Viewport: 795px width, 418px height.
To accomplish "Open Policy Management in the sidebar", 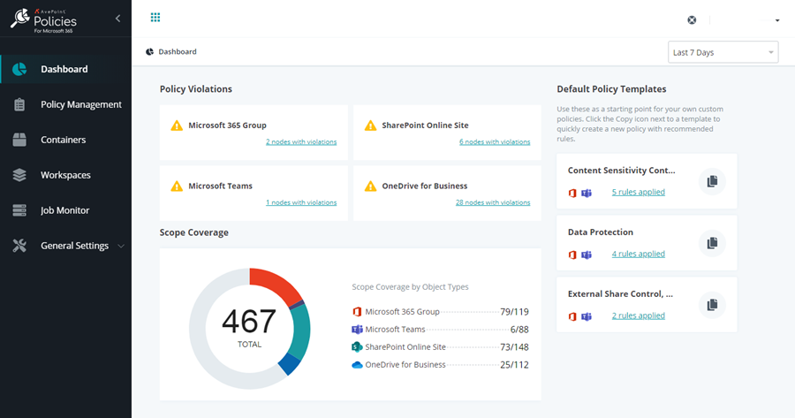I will [x=80, y=104].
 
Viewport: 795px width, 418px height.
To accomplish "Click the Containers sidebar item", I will [x=63, y=140].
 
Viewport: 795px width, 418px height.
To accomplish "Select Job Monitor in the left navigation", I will [x=64, y=210].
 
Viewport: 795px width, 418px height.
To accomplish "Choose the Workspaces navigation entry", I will [x=65, y=175].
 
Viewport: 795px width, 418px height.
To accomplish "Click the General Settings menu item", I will [x=74, y=246].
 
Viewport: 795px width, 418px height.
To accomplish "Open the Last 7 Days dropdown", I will [x=723, y=52].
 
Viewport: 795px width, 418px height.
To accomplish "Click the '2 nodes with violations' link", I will [x=300, y=141].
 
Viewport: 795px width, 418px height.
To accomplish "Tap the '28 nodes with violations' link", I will [x=492, y=202].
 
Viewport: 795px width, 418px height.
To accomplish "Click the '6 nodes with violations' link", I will [x=494, y=141].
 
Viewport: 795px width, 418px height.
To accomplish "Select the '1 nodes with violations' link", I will [x=300, y=202].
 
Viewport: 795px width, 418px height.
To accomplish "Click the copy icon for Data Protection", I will [x=711, y=243].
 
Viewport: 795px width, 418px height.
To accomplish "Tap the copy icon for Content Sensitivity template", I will [x=711, y=181].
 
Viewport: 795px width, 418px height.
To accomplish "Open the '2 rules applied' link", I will [x=638, y=315].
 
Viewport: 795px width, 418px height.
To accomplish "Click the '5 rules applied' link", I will [x=638, y=192].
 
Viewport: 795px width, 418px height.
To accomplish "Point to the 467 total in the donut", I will [x=249, y=322].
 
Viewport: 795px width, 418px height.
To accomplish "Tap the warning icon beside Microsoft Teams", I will [x=177, y=186].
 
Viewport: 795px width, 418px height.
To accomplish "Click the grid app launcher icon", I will [x=155, y=18].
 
